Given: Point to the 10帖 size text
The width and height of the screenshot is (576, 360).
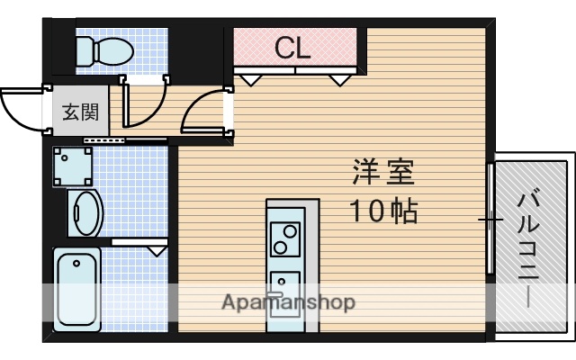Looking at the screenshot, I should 382,211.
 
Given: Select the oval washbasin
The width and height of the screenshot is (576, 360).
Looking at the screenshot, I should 87,212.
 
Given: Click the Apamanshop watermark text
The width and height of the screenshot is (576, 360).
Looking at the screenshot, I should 288,301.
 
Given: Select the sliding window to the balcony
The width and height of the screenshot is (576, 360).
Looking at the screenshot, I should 491,219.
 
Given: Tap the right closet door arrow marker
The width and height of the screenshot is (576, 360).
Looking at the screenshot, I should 339,80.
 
